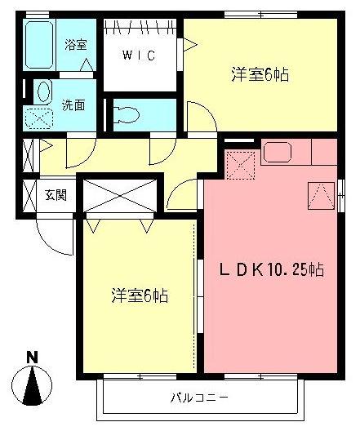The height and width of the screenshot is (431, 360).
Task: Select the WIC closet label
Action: [x=138, y=57]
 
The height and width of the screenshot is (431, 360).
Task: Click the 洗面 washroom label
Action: [x=74, y=104]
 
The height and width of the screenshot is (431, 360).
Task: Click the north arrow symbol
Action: [x=32, y=387]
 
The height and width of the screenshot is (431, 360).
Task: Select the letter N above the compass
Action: [x=31, y=357]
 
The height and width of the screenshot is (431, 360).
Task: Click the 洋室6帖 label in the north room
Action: [x=260, y=75]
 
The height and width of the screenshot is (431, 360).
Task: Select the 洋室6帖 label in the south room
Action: [x=139, y=295]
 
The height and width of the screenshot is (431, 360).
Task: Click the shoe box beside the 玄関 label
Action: [x=27, y=195]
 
